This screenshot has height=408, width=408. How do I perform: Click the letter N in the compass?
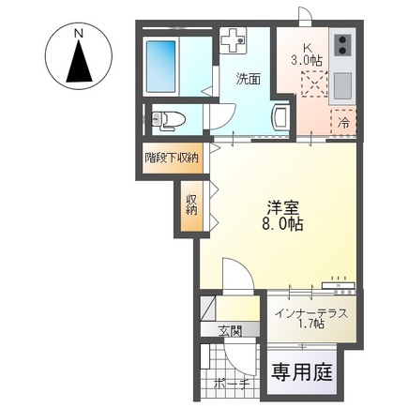(x=81, y=35)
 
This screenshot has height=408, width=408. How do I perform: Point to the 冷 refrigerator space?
(x=344, y=122)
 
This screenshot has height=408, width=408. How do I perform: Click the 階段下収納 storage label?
(x=171, y=157)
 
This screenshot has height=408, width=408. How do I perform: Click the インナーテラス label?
(x=312, y=312)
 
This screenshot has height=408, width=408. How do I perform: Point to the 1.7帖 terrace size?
(x=312, y=325)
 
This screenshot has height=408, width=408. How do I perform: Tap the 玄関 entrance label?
(x=230, y=331)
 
